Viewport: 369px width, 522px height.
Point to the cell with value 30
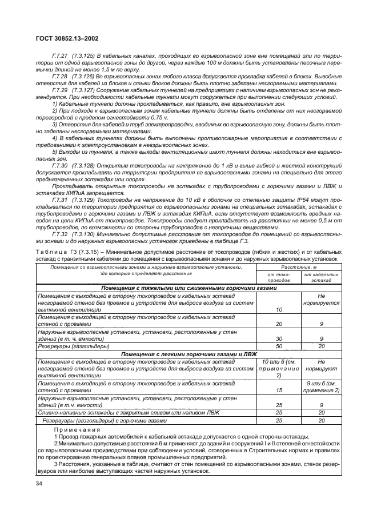click(279, 338)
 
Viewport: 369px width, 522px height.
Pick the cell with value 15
click(279, 390)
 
